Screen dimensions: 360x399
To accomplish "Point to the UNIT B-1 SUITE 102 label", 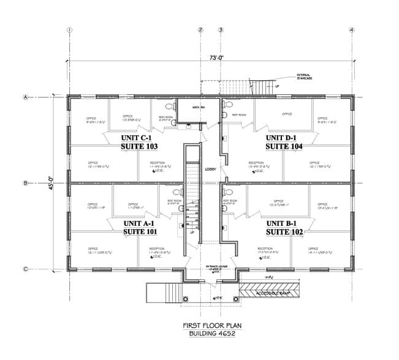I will [x=284, y=228].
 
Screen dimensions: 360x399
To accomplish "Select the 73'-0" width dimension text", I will [x=209, y=58].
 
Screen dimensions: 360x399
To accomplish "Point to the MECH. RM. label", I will [x=198, y=107].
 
